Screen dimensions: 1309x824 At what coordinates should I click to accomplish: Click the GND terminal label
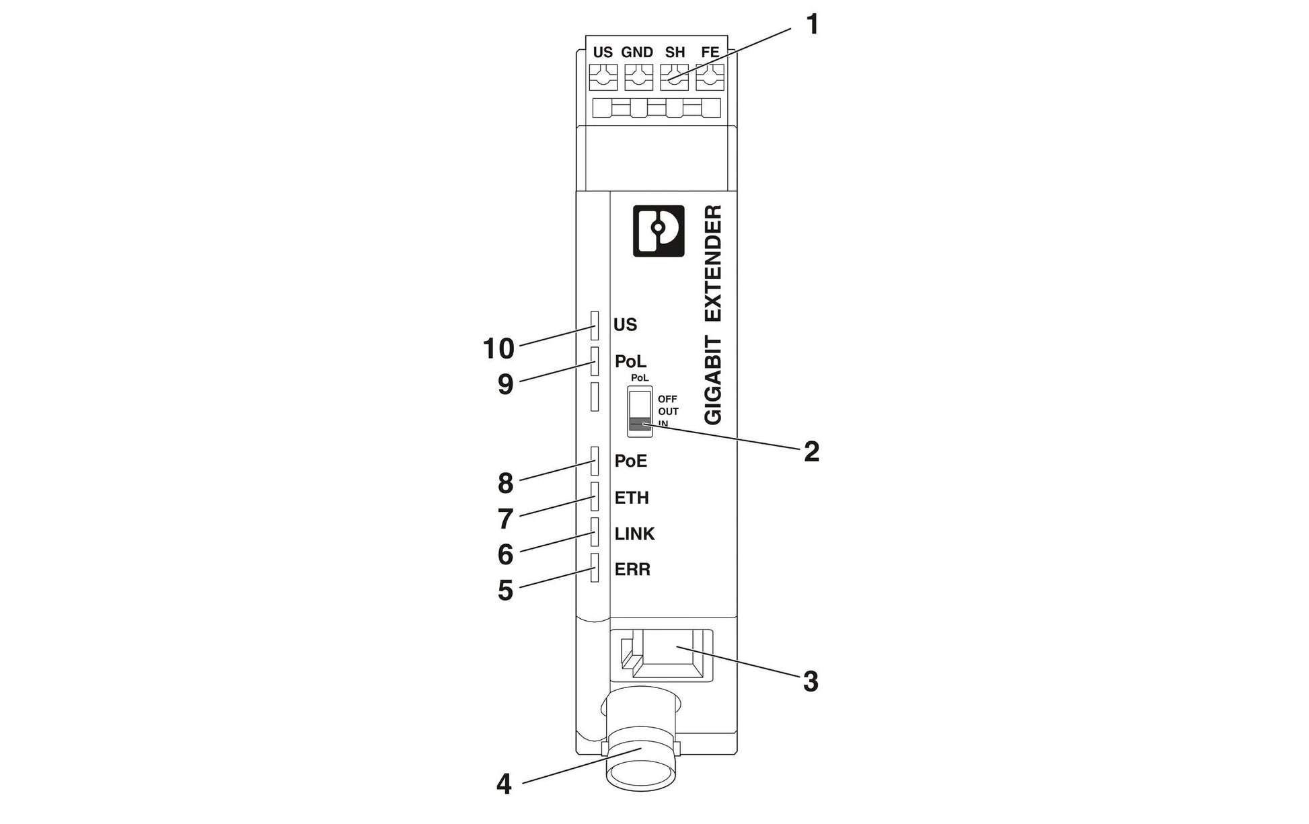(636, 52)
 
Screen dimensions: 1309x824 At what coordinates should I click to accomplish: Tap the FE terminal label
(710, 52)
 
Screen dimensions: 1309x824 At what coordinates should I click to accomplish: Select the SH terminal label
(675, 52)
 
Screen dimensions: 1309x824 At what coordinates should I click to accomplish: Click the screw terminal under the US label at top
(603, 77)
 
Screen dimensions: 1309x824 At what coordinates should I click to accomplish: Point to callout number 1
(813, 25)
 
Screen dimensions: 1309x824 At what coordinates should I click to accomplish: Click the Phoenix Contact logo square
(659, 231)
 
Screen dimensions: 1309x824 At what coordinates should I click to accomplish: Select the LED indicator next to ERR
(595, 568)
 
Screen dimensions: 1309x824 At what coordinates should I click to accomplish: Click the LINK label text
(634, 534)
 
